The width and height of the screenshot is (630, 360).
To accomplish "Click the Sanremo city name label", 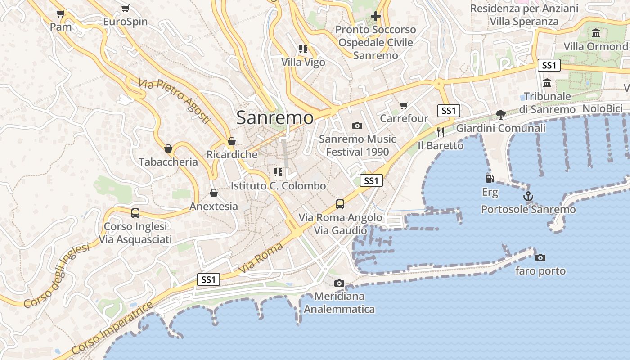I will [x=274, y=118].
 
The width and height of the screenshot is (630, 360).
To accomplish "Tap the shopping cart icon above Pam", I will [x=60, y=13].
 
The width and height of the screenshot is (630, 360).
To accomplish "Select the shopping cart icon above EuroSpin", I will [x=125, y=8].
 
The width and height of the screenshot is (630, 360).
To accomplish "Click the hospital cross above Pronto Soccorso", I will [x=375, y=16].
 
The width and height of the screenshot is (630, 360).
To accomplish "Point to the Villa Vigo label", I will [x=303, y=62].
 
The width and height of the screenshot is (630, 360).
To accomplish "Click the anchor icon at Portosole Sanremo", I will [x=528, y=196].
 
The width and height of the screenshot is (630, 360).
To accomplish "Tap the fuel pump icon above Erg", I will [x=490, y=179].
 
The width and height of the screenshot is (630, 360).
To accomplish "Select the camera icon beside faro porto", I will [x=540, y=257].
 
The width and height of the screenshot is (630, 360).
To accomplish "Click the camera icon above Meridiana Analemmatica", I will [x=339, y=283].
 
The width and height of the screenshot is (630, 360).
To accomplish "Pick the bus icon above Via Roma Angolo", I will [x=340, y=204].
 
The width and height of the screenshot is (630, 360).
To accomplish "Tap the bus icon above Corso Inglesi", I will [x=135, y=213].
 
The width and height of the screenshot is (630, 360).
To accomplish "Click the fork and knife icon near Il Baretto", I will [x=441, y=132].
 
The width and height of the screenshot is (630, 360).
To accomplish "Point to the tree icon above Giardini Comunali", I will [x=500, y=115].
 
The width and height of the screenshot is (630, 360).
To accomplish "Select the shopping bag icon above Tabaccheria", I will [x=168, y=148].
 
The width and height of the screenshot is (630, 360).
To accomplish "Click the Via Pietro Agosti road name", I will [x=175, y=101].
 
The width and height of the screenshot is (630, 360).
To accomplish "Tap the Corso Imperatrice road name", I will [x=112, y=329].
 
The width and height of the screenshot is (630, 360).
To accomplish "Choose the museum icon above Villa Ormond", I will [x=596, y=33].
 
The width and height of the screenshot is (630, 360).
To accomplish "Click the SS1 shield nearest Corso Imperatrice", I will [x=209, y=279].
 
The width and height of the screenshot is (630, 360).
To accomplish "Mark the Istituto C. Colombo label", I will [x=278, y=185].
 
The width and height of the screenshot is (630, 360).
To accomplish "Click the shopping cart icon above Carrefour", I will [x=404, y=105].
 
